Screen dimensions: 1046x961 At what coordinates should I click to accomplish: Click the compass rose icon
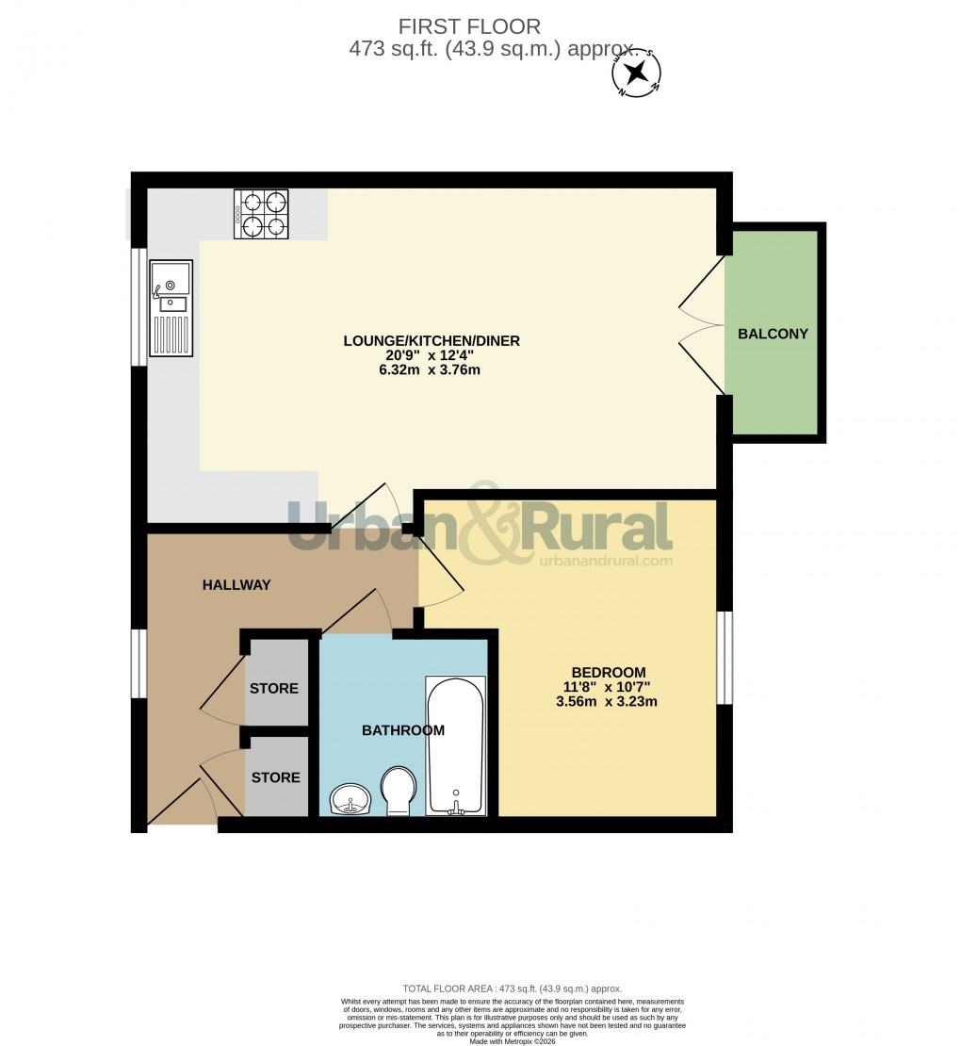(637, 74)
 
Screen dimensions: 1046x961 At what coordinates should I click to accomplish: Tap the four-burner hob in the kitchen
(261, 214)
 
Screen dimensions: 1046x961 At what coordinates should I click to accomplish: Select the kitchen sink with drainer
(171, 308)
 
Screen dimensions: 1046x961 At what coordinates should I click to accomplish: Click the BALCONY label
(773, 334)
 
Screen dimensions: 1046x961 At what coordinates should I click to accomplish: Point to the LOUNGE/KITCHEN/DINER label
(432, 341)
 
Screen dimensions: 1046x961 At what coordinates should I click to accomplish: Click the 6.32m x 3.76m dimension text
(432, 369)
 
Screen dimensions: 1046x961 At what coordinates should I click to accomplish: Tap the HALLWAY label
(236, 585)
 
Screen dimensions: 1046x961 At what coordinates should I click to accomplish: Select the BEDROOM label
(608, 672)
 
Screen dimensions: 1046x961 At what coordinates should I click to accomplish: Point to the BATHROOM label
(403, 730)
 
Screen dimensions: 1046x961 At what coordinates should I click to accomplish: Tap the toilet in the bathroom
(399, 790)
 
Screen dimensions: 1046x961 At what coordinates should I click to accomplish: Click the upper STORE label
(274, 689)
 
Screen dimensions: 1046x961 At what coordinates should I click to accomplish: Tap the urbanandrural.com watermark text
(606, 560)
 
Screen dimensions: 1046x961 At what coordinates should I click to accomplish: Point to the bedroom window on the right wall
(724, 658)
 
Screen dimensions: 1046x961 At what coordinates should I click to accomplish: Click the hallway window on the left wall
(139, 664)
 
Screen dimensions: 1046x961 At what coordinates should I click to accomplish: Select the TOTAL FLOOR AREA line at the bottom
(512, 989)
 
